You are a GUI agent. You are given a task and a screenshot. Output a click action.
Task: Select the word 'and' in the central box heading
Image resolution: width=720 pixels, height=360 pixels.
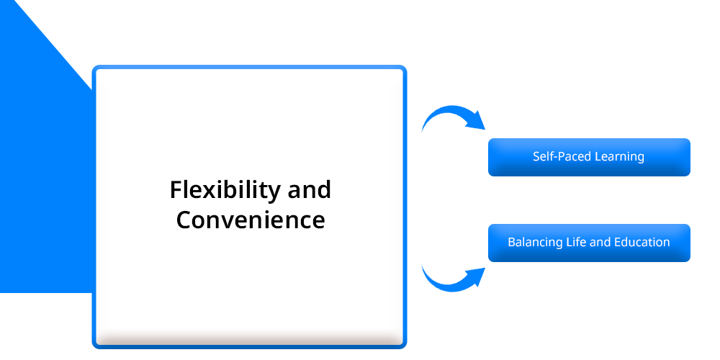click(x=309, y=189)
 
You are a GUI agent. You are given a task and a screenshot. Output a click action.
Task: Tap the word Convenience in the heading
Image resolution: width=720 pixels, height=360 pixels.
click(x=251, y=220)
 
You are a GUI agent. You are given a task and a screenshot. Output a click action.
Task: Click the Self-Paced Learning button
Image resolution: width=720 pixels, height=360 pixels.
click(x=589, y=157)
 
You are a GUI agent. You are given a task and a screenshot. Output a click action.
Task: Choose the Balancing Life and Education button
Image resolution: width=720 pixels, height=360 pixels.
click(x=589, y=243)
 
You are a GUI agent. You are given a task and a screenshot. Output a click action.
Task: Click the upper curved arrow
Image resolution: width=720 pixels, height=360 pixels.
click(x=453, y=118)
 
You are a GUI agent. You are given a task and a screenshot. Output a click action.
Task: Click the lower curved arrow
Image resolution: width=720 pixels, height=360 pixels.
click(x=453, y=279)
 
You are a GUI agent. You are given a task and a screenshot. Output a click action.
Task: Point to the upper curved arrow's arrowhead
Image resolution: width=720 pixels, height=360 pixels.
click(x=476, y=120)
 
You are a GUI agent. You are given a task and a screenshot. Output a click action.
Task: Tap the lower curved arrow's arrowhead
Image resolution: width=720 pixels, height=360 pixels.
click(x=476, y=277)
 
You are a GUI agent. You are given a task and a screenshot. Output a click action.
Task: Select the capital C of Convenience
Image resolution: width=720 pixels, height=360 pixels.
click(x=184, y=220)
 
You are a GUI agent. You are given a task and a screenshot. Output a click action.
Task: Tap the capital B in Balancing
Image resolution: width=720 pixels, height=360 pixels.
click(x=512, y=242)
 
